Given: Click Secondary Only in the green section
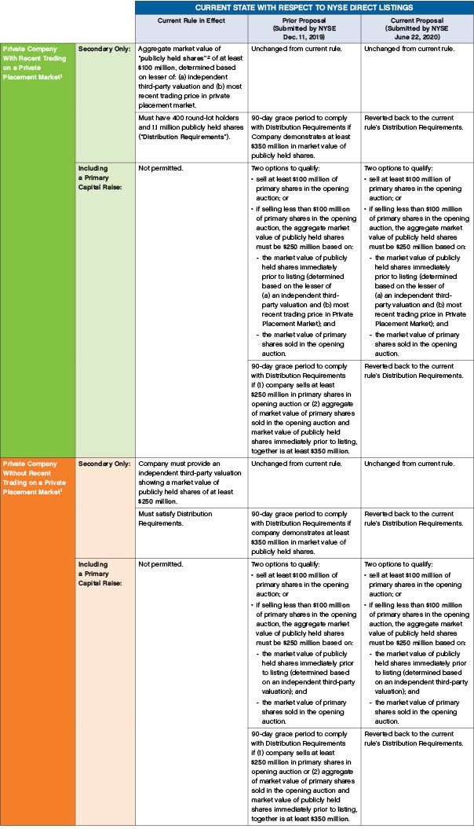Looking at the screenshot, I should click(x=102, y=49).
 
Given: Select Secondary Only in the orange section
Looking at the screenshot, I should click(x=102, y=463).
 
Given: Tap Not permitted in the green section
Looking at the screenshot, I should click(x=159, y=168).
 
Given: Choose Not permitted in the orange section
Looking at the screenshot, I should click(x=159, y=563).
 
